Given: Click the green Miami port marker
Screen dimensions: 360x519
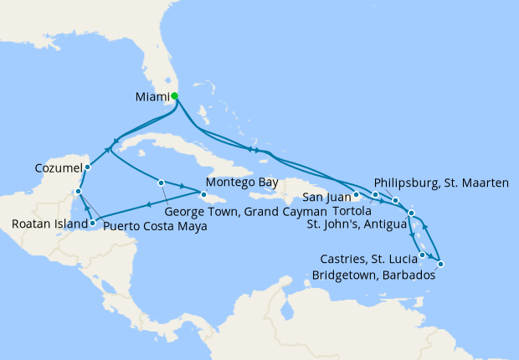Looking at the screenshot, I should coord(174,96).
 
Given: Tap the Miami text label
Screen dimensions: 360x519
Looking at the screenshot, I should coord(152,97).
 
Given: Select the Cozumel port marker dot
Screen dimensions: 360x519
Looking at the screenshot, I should coord(87,167).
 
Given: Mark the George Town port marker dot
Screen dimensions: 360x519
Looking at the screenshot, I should coord(161,183).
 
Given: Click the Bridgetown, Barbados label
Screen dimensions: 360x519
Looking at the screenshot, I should coord(373,275).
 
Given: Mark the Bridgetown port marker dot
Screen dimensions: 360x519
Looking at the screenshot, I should coord(440,265).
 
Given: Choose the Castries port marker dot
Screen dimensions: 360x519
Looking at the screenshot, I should coord(423,255).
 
